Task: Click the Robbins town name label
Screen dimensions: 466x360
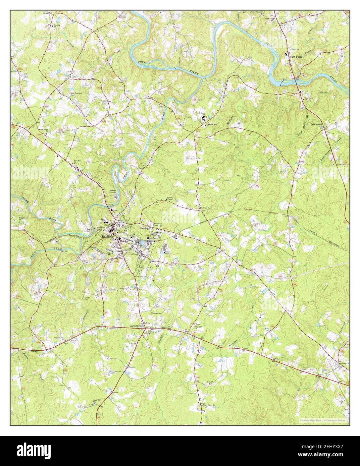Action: point(108,237)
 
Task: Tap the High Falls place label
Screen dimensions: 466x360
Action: point(296,57)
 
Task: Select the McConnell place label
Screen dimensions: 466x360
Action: point(316,124)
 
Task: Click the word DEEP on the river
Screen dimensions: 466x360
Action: point(142,63)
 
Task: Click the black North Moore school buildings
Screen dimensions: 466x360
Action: point(203,118)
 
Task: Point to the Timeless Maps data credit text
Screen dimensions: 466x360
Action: point(324,420)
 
